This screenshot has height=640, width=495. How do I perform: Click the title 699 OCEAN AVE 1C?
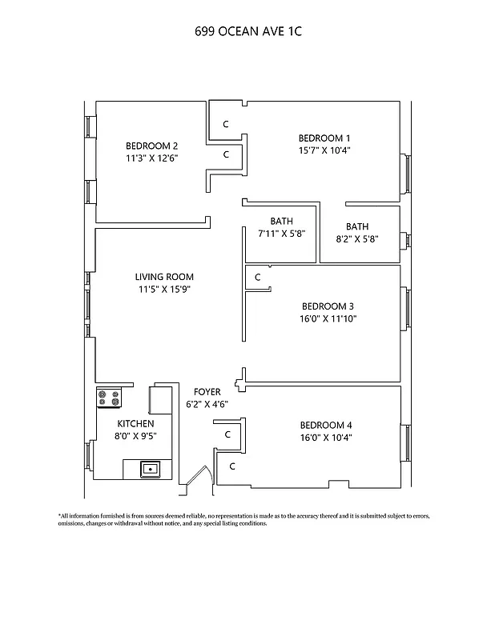tap(247, 32)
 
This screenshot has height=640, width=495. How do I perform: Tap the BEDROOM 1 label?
tap(324, 138)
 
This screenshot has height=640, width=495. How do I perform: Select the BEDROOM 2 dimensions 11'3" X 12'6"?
tap(151, 158)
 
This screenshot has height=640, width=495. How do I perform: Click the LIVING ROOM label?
tap(163, 278)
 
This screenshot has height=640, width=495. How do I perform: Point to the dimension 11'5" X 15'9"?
tap(163, 290)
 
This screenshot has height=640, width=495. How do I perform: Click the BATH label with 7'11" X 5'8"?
tap(281, 222)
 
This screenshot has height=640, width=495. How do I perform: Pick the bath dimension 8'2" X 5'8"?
tap(357, 238)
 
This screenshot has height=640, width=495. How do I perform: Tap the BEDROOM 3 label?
tap(328, 306)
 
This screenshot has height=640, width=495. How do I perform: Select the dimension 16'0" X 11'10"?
tap(328, 318)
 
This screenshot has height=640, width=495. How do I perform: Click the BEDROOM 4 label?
tap(326, 425)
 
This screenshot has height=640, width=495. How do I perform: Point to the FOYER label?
tap(207, 392)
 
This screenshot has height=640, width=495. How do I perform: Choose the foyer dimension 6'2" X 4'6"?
tap(207, 404)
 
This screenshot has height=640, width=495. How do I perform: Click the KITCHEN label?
tap(135, 423)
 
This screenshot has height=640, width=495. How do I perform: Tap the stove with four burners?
tap(108, 397)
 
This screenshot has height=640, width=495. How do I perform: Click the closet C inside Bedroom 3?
tap(257, 278)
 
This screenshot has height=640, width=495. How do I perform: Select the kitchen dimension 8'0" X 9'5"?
tap(135, 436)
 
